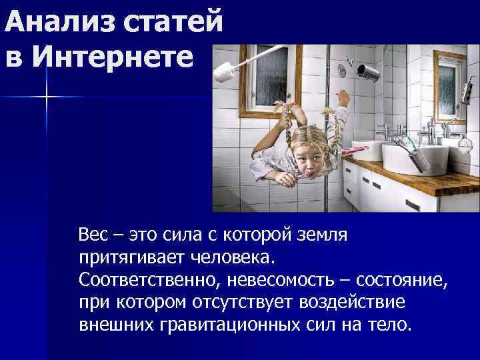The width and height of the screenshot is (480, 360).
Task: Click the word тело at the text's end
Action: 396,325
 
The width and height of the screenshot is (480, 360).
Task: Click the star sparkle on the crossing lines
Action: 47,97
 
